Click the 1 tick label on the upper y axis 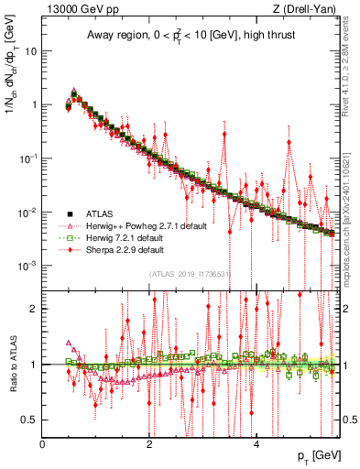(36, 104)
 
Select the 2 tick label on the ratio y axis (35, 309)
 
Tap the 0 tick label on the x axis (42, 445)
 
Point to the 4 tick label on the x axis (256, 445)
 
